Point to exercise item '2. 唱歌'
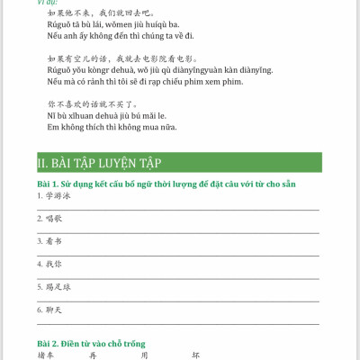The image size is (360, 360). (49, 218)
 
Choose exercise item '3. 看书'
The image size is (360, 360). (49, 241)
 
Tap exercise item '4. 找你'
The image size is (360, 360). (49, 265)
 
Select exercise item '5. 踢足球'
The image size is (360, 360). (53, 287)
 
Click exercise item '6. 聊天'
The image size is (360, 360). (49, 310)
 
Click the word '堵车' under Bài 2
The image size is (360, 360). (46, 355)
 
